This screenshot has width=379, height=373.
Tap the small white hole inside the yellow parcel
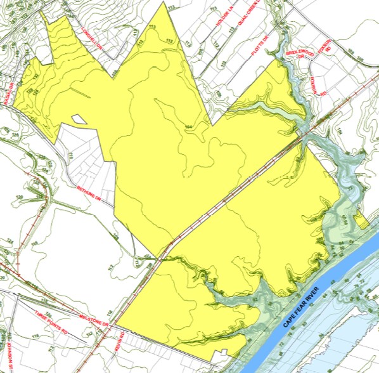[79, 119]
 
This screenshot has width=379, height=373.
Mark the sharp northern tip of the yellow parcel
[167, 3]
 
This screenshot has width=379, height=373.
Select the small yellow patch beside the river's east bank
[361, 221]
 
